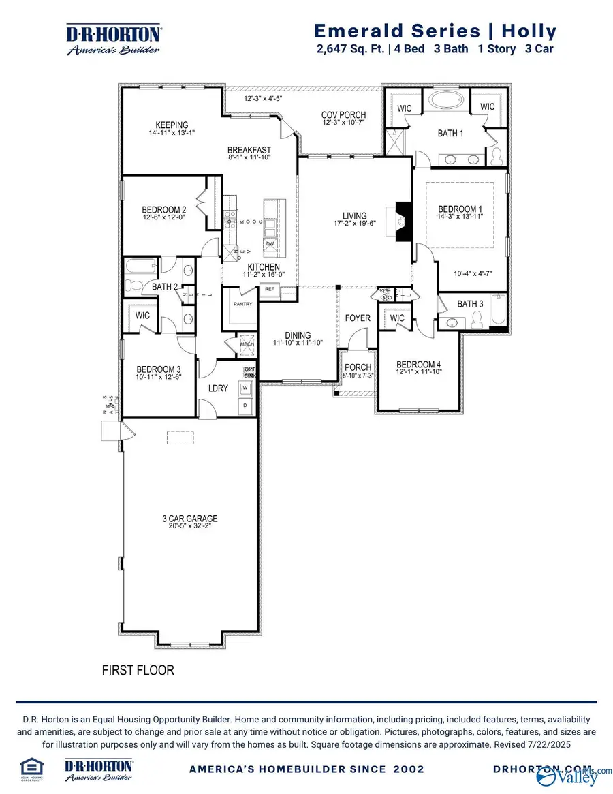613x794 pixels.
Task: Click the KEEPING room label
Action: pyautogui.click(x=172, y=125)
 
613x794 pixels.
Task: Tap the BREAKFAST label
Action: pyautogui.click(x=249, y=150)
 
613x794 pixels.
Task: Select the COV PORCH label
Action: pyautogui.click(x=343, y=114)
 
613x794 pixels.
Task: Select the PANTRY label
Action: pyautogui.click(x=243, y=304)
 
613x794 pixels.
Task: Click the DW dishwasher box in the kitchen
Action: pyautogui.click(x=270, y=243)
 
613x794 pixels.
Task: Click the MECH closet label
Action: pyautogui.click(x=246, y=344)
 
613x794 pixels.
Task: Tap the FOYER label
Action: pyautogui.click(x=358, y=318)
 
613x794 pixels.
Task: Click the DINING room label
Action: pyautogui.click(x=298, y=335)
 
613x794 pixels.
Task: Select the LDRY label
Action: pyautogui.click(x=217, y=388)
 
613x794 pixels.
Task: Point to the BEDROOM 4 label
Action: pyautogui.click(x=419, y=365)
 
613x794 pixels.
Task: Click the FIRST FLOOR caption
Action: pyautogui.click(x=138, y=670)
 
